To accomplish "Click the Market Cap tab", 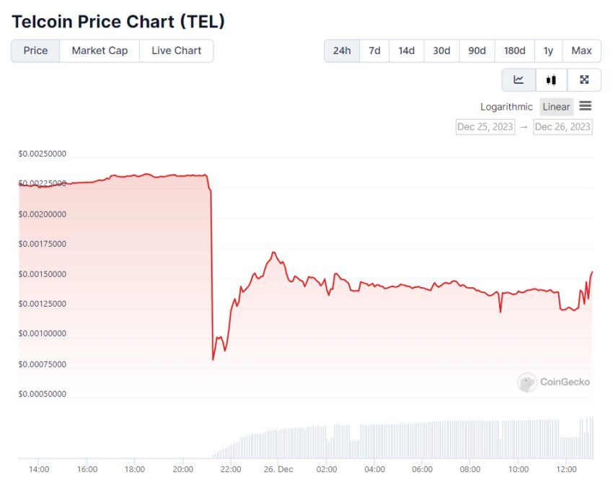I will (100, 51).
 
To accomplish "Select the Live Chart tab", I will (177, 51).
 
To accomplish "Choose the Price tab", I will (35, 51).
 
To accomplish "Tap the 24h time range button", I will (342, 51).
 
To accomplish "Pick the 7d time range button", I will (374, 51).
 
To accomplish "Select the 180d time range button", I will (514, 51).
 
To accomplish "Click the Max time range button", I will (581, 51).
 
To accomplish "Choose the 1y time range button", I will (548, 51).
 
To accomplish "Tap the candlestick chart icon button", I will (551, 79).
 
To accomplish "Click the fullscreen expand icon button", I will (584, 79).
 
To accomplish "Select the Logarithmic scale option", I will (506, 107).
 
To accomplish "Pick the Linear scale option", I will (556, 107).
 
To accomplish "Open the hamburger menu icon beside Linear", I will (586, 106).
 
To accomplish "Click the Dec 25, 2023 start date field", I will (485, 127).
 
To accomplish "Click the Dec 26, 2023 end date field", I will (563, 127).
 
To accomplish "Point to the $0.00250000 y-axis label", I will (43, 154).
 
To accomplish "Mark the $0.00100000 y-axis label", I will (43, 334).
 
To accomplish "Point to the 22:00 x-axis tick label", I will (230, 469).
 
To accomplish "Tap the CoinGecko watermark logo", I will (554, 382).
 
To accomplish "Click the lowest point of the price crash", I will (213, 359).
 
